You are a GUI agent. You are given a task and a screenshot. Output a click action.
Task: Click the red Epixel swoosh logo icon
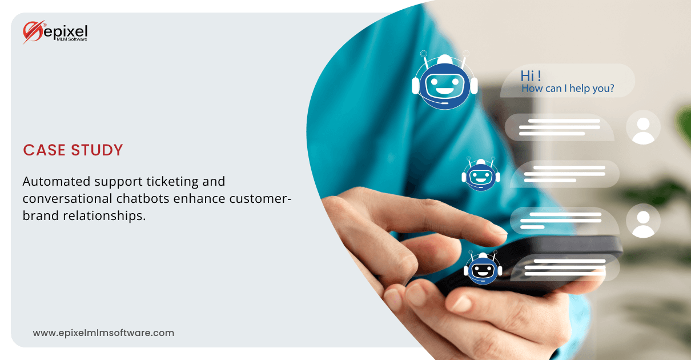click(33, 32)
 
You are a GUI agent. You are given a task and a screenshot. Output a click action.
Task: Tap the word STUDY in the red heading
click(97, 150)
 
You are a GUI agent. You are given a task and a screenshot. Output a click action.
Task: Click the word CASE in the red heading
click(44, 150)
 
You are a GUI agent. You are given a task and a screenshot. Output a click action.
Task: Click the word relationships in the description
click(105, 216)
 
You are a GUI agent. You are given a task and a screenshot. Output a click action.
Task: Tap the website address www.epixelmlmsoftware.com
click(104, 333)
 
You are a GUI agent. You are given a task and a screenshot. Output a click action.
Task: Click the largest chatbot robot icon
click(444, 80)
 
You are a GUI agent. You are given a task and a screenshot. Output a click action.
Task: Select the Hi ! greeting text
click(531, 76)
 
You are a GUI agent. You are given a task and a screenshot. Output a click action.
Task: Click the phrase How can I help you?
click(568, 89)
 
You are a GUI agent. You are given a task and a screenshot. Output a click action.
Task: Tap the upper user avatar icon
click(643, 127)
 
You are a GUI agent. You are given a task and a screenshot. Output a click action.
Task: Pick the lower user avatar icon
click(643, 221)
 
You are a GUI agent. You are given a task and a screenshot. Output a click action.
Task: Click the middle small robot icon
click(481, 174)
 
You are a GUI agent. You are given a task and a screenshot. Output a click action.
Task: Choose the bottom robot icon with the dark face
click(483, 267)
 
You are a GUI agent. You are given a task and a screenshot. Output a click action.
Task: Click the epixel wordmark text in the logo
click(66, 31)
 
